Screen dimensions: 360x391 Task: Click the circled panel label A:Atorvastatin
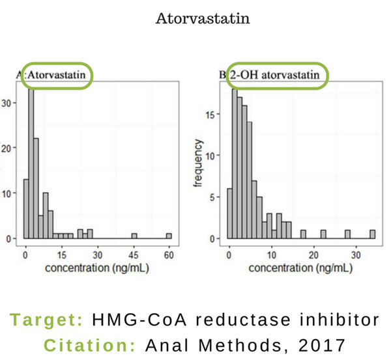click(x=57, y=75)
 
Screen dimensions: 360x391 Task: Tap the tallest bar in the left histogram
click(x=31, y=163)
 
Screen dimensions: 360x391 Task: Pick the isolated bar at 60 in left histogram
click(x=169, y=236)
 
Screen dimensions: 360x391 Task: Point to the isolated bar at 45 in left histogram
click(x=134, y=236)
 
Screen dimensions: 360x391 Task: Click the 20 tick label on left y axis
click(x=7, y=148)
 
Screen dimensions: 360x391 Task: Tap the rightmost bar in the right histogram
click(x=373, y=234)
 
